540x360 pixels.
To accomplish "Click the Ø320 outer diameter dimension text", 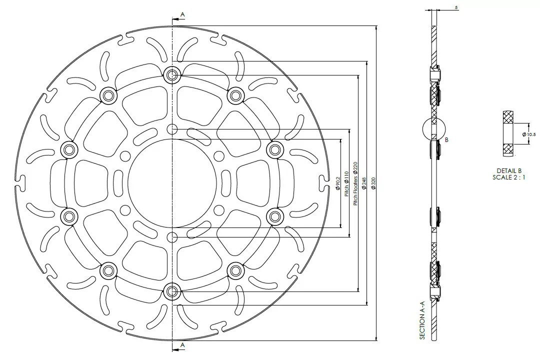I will tap(373, 183).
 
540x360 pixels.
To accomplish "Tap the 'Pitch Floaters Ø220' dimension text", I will tap(355, 183).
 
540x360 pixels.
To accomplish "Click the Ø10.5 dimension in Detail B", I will tap(528, 134).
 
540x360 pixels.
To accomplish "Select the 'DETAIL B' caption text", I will tap(509, 171).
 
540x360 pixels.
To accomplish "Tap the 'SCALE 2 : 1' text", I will tap(509, 177).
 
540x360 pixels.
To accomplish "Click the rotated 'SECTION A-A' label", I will tap(422, 320).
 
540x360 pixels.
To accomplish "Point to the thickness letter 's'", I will tap(457, 7).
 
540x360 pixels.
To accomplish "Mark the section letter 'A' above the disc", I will tap(182, 15).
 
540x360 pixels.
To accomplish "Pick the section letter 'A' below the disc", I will tap(182, 345).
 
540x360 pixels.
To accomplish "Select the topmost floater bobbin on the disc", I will tap(172, 75).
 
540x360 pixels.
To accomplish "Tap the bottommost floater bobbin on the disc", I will tap(172, 290).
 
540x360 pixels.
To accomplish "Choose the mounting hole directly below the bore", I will tap(172, 236).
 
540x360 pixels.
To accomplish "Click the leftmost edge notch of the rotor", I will tap(20, 178).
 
